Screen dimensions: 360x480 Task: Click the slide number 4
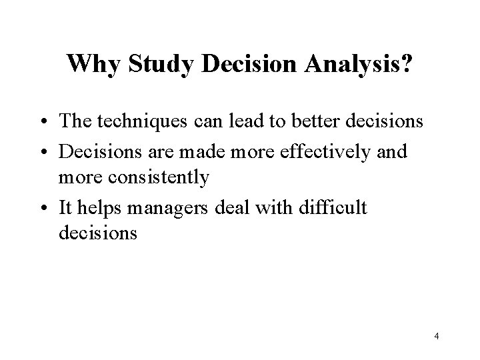coord(436,336)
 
